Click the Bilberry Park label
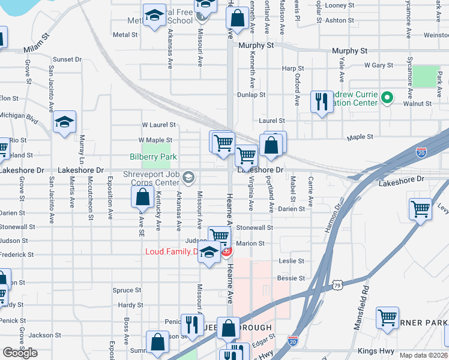point(153,157)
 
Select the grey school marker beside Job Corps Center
point(189,176)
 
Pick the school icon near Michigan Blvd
point(64,122)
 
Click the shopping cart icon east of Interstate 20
point(420,209)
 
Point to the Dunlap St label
point(251,95)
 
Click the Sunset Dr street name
point(67,59)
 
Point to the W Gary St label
point(378,65)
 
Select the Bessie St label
point(291,278)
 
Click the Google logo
point(20,353)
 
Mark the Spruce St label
point(127,290)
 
